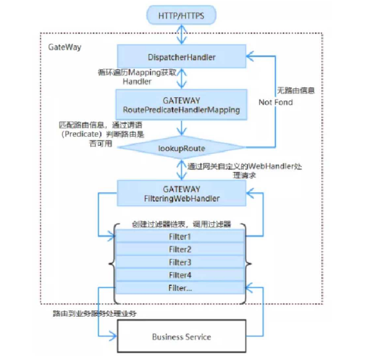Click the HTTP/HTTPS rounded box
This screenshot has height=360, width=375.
click(x=181, y=15)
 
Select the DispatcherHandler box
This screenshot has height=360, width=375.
click(x=181, y=56)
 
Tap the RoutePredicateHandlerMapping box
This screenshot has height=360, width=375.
click(x=181, y=105)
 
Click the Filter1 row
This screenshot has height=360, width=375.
click(x=181, y=236)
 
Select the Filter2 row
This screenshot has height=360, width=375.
click(x=181, y=249)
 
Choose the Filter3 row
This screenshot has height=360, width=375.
click(x=181, y=262)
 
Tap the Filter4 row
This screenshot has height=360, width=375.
click(x=181, y=275)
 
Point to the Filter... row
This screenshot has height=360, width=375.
click(x=181, y=288)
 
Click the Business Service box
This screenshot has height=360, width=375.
click(x=181, y=336)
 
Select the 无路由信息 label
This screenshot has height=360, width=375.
click(x=296, y=90)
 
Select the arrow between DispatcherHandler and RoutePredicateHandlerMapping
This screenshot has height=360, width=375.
click(x=181, y=79)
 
